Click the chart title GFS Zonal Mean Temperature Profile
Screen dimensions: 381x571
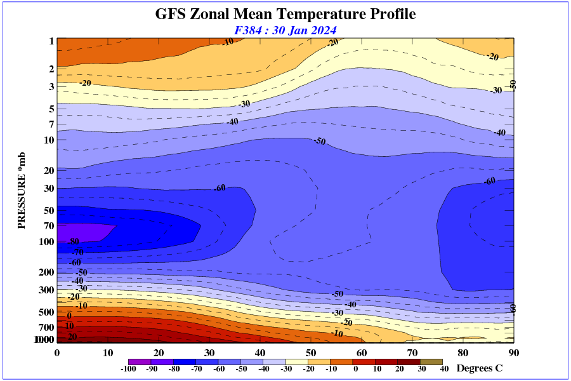click(285, 14)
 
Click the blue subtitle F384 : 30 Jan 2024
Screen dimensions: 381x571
click(285, 30)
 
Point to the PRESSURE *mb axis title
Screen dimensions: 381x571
click(21, 190)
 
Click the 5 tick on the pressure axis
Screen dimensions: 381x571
click(51, 109)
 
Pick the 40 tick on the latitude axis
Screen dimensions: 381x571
click(260, 353)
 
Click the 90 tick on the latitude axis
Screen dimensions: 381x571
click(513, 353)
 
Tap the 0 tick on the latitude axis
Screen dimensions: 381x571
click(57, 353)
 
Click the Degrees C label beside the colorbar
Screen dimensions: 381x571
click(480, 368)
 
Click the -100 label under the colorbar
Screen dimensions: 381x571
click(129, 369)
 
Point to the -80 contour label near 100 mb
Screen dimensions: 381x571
click(73, 242)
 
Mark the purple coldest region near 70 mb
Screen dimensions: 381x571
click(82, 232)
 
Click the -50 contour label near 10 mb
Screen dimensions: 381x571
click(320, 141)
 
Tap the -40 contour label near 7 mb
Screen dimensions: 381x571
click(233, 121)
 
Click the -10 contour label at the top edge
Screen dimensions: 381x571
click(228, 42)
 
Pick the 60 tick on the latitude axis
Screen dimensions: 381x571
click(362, 353)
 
